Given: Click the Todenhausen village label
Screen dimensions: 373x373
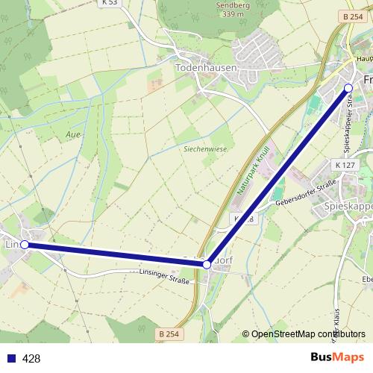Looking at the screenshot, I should tap(206, 67).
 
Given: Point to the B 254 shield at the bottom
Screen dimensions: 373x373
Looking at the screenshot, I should tap(169, 333).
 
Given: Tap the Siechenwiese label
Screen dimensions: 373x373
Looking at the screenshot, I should tap(205, 148).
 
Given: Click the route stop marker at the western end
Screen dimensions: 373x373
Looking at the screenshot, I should tap(25, 244).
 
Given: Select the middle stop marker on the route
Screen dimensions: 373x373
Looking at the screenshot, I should tap(207, 264).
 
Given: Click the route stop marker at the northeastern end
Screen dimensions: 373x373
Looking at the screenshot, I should tap(348, 88).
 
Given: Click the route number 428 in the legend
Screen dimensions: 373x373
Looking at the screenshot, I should tap(31, 358).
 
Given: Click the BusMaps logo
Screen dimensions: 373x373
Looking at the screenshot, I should tap(337, 357).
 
